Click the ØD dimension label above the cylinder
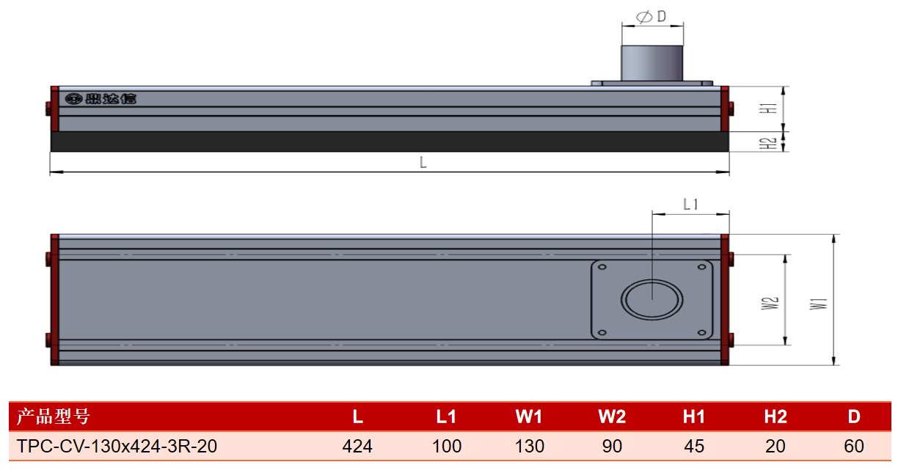pos(651,16)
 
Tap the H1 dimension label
pos(768,109)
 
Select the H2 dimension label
pos(768,143)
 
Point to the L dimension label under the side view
pos(423,162)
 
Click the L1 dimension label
pos(690,205)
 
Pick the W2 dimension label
pos(770,303)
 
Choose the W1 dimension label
pos(819,304)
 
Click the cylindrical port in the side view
pos(651,63)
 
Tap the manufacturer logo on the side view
pos(101,98)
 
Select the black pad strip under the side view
pos(390,142)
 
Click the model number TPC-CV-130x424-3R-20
pos(117,446)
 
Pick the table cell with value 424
pos(357,446)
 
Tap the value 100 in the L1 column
pos(447,446)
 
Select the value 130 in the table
pos(529,446)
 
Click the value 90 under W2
pos(612,446)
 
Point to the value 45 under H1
pos(694,446)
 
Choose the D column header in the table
pos(854,417)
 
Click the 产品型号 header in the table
pos(54,417)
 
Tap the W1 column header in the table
pos(529,417)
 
